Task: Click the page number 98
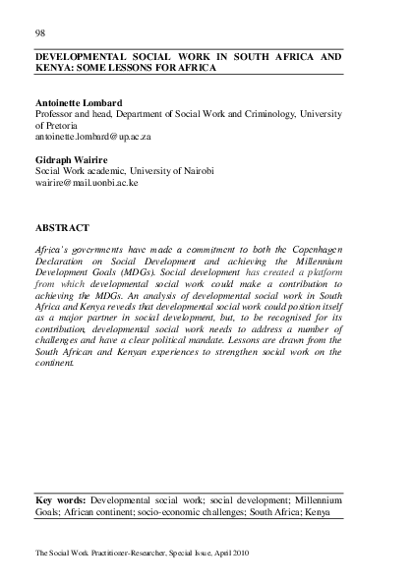point(40,30)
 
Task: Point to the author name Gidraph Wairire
point(71,160)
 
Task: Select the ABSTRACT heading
point(63,228)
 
